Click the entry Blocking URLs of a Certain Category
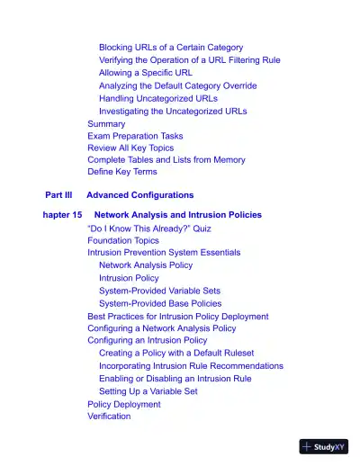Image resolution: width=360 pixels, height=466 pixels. [170, 47]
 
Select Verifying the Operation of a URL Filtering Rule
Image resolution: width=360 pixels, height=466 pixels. [189, 59]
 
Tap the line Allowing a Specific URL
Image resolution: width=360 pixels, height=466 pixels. [145, 72]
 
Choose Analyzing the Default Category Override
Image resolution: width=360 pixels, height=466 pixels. [177, 85]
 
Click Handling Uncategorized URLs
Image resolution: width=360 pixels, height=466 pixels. [157, 98]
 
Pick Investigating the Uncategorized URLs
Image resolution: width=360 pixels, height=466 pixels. [172, 111]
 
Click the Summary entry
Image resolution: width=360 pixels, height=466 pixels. [106, 123]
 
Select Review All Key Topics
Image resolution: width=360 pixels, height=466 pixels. [130, 148]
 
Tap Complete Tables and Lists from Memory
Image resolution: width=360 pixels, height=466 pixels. [166, 159]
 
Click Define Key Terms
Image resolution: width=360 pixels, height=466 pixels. [121, 171]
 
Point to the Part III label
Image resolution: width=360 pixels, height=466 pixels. [58, 194]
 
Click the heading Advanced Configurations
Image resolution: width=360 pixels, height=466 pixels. [139, 194]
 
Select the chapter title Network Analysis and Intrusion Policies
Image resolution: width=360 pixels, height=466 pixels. [178, 215]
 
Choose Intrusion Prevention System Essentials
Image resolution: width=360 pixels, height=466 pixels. [164, 253]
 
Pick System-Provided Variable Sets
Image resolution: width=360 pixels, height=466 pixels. [159, 291]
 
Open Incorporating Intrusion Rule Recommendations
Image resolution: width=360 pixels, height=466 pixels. [191, 366]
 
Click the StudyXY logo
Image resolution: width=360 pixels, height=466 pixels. [323, 445]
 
